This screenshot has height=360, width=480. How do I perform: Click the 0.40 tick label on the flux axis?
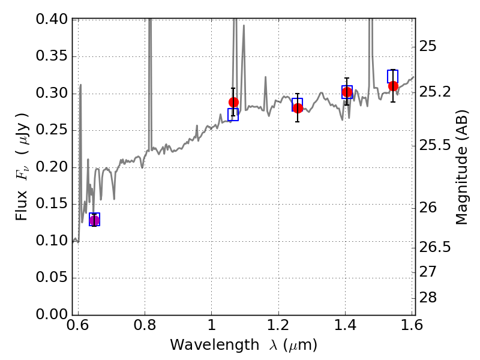53,19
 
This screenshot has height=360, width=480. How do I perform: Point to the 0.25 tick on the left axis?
53,130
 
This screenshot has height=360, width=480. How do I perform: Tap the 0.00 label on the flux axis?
53,314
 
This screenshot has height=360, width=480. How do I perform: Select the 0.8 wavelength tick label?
145,326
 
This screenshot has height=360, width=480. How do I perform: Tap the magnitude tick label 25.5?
436,145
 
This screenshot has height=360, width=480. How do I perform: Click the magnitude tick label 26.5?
436,247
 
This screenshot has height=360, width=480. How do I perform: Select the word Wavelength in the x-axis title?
206,345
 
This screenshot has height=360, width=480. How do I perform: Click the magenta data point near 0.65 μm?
94,221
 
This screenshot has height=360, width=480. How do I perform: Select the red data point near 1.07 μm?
233,103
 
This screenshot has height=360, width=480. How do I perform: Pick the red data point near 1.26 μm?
298,107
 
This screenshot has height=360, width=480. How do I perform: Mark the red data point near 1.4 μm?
347,92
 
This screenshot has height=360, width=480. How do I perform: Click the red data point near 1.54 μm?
393,86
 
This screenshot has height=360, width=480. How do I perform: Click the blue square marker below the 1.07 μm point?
233,115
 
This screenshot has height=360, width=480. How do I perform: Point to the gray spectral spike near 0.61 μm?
80,87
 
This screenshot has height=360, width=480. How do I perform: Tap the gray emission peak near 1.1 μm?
244,27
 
